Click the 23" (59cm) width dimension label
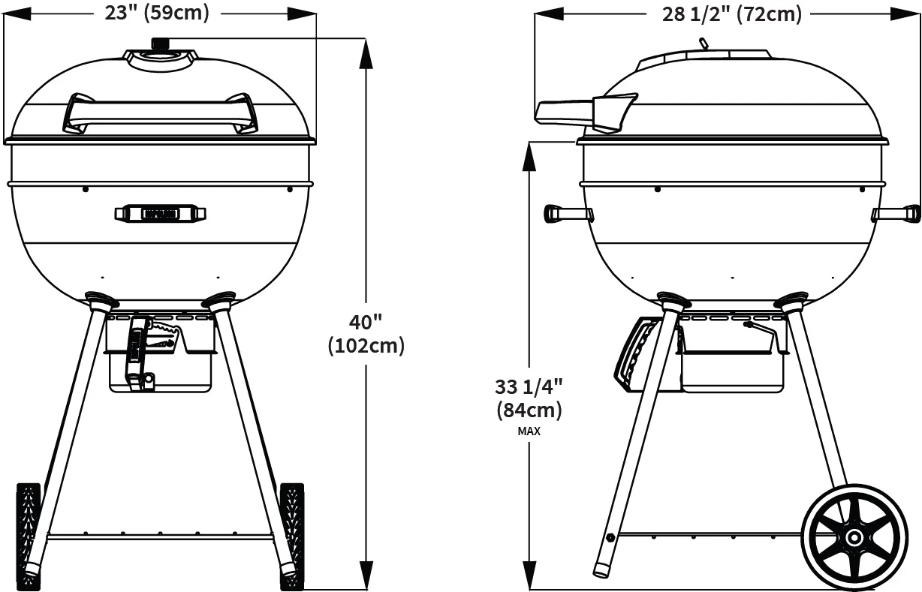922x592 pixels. tap(157, 12)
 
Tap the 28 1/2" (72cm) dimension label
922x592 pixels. tap(731, 14)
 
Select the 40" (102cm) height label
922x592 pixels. tap(366, 334)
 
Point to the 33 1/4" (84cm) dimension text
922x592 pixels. tap(529, 398)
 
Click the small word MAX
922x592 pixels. tap(529, 431)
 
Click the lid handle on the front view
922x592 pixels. tap(159, 113)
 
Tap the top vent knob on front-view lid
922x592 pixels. tap(160, 44)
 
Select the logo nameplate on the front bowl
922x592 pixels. tap(160, 214)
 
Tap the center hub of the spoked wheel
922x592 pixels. tap(854, 537)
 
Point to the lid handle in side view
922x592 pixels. tap(586, 110)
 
